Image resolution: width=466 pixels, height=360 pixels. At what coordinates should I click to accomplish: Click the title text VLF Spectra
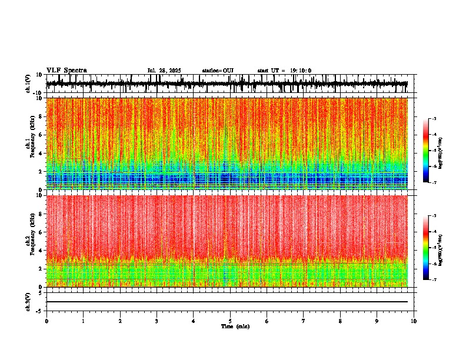66,71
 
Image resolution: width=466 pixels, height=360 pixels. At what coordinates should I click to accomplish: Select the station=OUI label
218,71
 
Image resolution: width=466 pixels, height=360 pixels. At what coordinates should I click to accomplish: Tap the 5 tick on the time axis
230,321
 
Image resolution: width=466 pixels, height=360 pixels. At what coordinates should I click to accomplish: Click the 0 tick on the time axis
46,321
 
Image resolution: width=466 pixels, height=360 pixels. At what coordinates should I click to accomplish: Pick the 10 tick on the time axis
414,321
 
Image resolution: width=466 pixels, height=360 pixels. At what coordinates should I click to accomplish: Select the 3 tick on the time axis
157,321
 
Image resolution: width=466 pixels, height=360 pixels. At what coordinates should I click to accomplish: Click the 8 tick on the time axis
340,321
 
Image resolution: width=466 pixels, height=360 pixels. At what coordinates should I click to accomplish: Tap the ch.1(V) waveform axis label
28,84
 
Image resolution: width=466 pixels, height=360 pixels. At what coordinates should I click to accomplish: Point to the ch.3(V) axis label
28,301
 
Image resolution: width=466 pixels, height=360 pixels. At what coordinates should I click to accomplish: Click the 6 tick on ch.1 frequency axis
41,135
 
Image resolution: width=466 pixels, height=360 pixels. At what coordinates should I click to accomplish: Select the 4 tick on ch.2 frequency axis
41,251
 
